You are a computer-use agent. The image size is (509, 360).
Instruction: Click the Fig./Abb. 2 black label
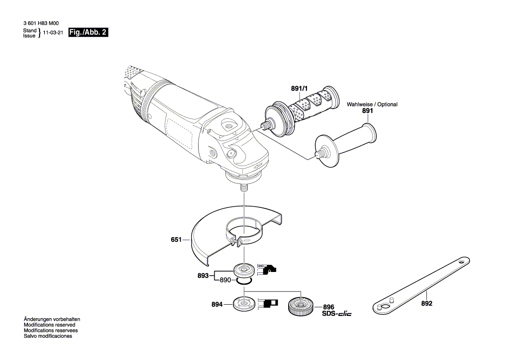pyautogui.click(x=88, y=33)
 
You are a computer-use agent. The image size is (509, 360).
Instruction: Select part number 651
pyautogui.click(x=176, y=239)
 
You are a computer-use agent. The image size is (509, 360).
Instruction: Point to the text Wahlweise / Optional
pyautogui.click(x=372, y=105)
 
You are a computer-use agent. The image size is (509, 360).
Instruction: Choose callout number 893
pyautogui.click(x=203, y=275)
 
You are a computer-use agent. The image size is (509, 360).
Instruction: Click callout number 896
pyautogui.click(x=328, y=307)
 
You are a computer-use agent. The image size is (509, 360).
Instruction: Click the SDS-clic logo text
pyautogui.click(x=336, y=314)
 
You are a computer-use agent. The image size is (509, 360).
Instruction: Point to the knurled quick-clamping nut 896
pyautogui.click(x=300, y=305)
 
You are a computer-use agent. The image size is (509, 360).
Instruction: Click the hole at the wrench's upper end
pyautogui.click(x=462, y=263)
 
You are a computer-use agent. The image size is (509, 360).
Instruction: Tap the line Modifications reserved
pyautogui.click(x=49, y=325)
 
